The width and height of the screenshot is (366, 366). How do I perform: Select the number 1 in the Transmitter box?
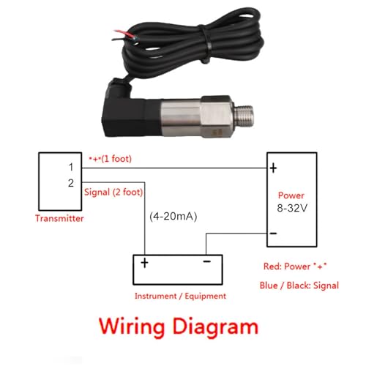coord(71,167)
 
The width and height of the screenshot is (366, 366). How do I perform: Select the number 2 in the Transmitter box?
coord(71,183)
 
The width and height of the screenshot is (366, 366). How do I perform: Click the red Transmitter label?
coord(59,218)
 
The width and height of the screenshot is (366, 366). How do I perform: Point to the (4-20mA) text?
coord(173,217)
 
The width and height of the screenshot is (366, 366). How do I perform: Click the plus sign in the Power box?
coord(273,168)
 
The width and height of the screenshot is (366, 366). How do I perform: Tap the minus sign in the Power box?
coord(273,234)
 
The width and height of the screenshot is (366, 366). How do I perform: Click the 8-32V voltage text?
coord(292,208)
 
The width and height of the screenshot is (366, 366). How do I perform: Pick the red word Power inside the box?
coord(291,195)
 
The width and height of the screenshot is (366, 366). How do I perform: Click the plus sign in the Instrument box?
coord(144,263)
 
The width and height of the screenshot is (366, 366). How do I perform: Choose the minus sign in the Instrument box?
coord(206,261)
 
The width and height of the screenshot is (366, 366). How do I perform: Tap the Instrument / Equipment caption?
coord(180,296)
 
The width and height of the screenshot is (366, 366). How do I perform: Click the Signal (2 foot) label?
coord(113,193)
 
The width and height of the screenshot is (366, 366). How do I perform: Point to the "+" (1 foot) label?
coord(111,159)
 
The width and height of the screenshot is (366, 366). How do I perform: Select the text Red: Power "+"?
coord(295,266)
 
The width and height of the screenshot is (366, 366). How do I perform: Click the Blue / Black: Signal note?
coord(299,285)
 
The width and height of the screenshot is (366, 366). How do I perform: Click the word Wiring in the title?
coord(132,327)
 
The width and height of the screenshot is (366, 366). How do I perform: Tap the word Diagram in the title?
coord(215,327)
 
